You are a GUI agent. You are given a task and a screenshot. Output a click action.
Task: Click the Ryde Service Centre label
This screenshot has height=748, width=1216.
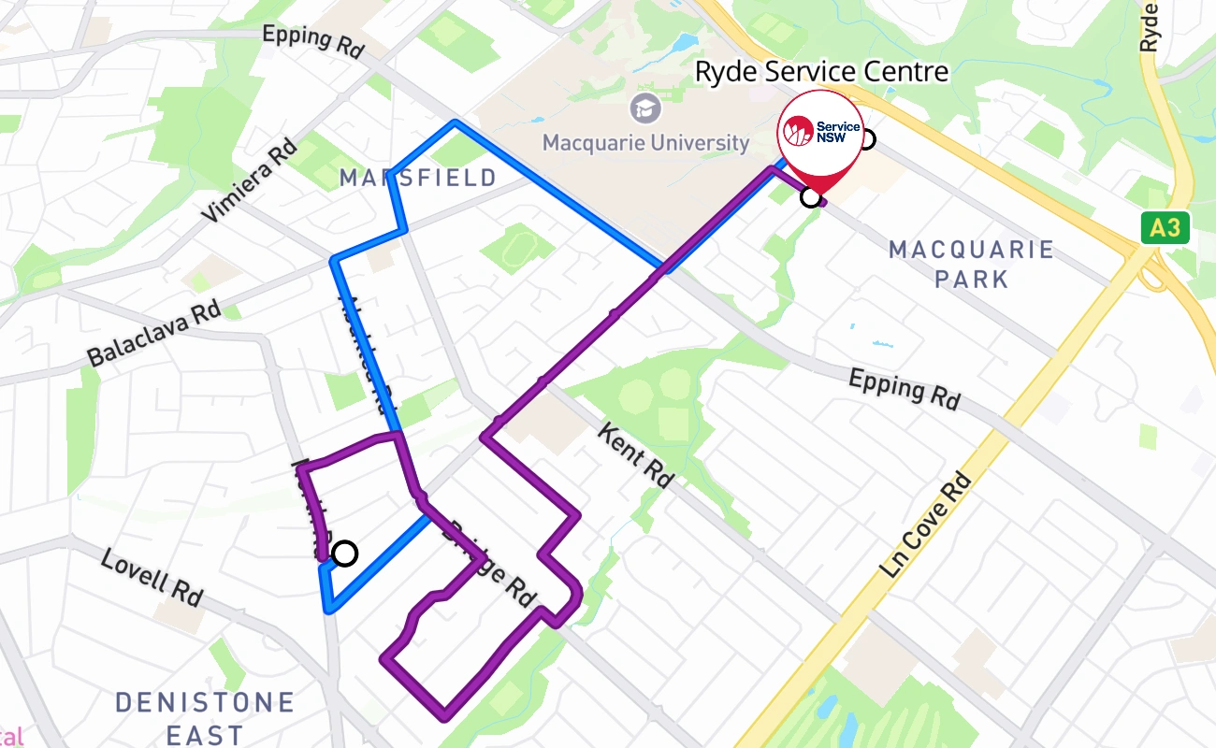pyautogui.click(x=821, y=72)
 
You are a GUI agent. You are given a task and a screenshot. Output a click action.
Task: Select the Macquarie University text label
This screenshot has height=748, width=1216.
pyautogui.click(x=645, y=143)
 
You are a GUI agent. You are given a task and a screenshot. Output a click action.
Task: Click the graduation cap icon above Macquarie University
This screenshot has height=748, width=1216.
pyautogui.click(x=645, y=109)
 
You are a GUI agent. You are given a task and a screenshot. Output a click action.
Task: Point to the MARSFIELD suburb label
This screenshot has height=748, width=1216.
pyautogui.click(x=418, y=178)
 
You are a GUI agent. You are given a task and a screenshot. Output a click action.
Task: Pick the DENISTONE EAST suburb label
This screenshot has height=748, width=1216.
pyautogui.click(x=205, y=718)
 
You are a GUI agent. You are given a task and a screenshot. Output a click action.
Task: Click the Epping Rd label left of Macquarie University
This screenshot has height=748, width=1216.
pyautogui.click(x=312, y=41)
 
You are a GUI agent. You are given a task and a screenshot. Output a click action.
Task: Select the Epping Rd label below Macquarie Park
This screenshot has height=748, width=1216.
pyautogui.click(x=905, y=389)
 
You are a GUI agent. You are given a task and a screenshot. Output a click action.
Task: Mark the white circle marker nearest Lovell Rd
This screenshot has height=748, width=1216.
pyautogui.click(x=345, y=554)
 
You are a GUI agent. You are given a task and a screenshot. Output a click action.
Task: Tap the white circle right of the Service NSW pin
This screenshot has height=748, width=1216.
pyautogui.click(x=866, y=139)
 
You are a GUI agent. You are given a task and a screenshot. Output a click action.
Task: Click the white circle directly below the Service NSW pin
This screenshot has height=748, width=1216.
pyautogui.click(x=811, y=197)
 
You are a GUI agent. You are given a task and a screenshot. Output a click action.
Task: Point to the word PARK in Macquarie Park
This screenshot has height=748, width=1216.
pyautogui.click(x=972, y=279)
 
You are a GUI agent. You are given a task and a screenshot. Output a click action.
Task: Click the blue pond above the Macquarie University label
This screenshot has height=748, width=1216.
pyautogui.click(x=682, y=43)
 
